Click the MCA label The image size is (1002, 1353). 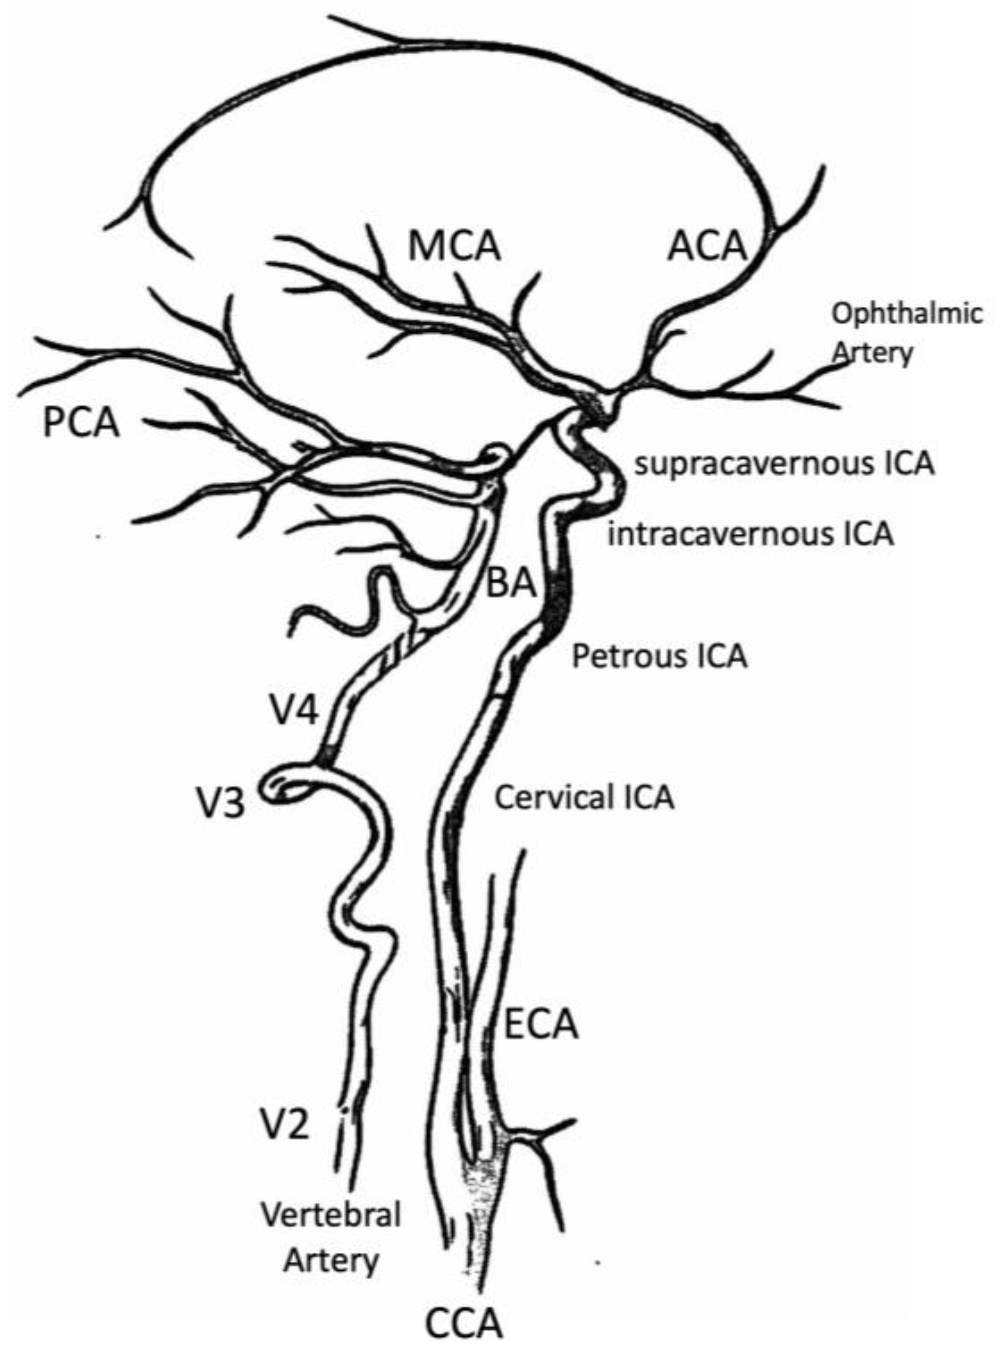pos(455,247)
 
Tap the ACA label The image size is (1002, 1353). pos(707,247)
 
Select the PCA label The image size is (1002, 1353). pos(81,422)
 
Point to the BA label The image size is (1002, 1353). pos(511,584)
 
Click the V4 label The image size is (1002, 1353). pos(294,711)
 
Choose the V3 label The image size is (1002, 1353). pos(221,804)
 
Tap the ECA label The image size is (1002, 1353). pos(541,1025)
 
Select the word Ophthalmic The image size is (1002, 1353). pos(907,314)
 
